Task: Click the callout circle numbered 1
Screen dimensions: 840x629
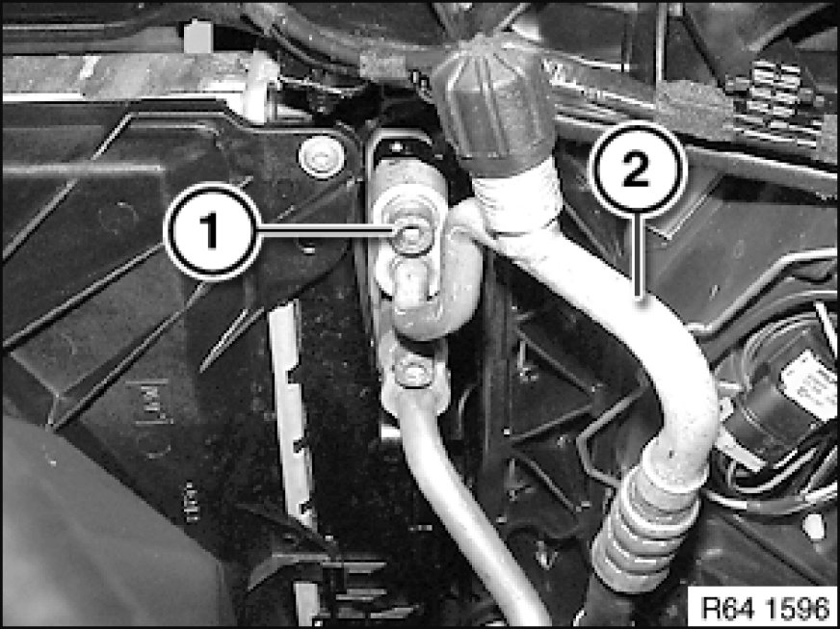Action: (x=213, y=231)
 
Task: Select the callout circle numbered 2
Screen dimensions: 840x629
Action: (x=638, y=170)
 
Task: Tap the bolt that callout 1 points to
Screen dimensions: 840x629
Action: (x=411, y=235)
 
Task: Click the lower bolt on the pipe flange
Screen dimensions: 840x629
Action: (x=412, y=370)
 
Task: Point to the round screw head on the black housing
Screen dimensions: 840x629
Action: (x=321, y=156)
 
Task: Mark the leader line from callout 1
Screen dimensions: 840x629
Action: (x=328, y=230)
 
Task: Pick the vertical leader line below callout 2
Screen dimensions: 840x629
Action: (x=638, y=257)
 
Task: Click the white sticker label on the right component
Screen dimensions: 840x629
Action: (x=810, y=381)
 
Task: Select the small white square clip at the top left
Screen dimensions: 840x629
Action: (x=198, y=37)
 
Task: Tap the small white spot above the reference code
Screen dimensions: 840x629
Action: (x=814, y=526)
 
